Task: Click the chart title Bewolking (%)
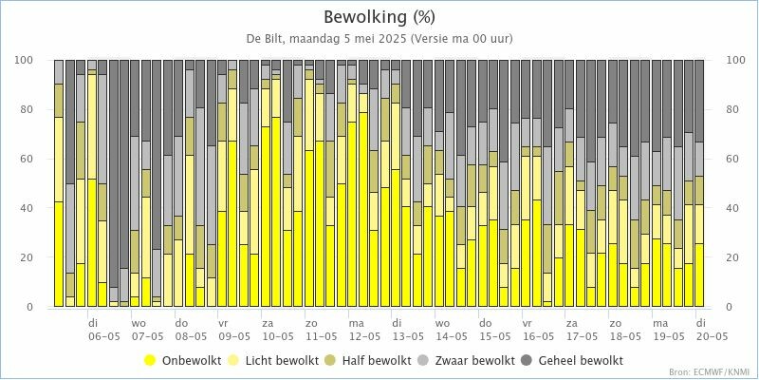point(379,17)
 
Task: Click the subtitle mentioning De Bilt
point(379,38)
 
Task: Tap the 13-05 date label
point(408,336)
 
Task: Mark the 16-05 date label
point(538,336)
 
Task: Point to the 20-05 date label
point(712,336)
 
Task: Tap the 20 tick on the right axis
point(731,257)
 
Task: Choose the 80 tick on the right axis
point(731,109)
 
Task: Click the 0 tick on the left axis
point(33,307)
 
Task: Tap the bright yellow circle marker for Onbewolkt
point(150,361)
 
